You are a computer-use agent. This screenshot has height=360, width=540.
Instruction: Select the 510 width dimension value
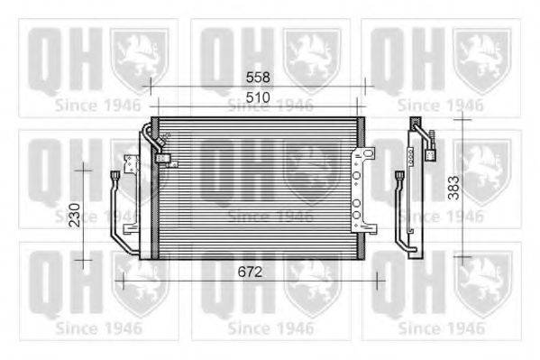click(257, 97)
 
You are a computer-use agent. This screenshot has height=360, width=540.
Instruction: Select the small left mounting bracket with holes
click(132, 167)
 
